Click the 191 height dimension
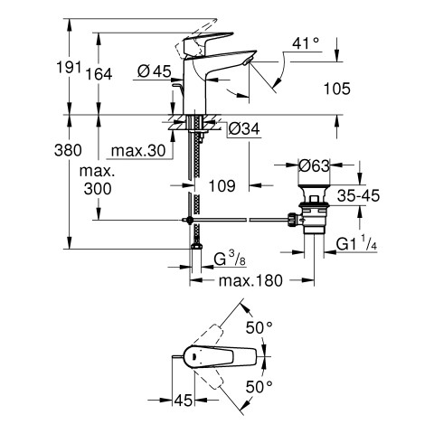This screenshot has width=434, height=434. (69, 67)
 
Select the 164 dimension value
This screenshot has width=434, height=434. (99, 74)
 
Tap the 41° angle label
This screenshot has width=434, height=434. (306, 43)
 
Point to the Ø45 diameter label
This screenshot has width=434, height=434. (154, 71)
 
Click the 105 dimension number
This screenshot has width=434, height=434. (337, 89)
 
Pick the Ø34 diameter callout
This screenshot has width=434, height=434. (244, 129)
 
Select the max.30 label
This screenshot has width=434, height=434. (138, 150)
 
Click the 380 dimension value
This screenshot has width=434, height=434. (68, 150)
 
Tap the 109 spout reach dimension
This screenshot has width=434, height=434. (222, 185)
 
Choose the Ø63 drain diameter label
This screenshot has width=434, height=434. (315, 165)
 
